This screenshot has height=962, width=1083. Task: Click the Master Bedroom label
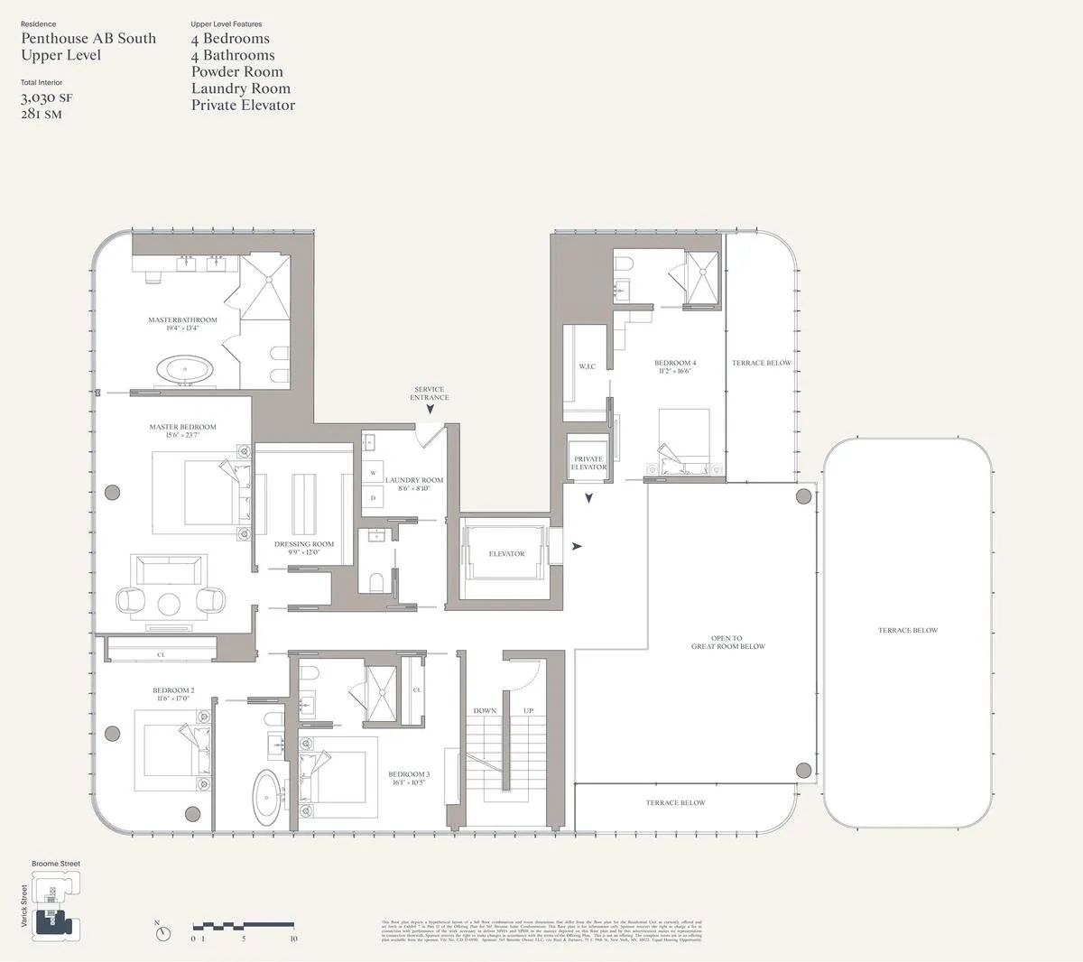tap(183, 430)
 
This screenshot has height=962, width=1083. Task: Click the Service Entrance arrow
tap(430, 409)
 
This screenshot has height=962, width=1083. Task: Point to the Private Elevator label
tap(588, 463)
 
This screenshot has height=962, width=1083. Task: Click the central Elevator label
tap(506, 553)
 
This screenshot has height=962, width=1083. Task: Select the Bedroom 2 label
tap(173, 694)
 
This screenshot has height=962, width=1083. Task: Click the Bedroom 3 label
tap(409, 778)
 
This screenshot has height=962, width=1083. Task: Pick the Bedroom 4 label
tap(675, 366)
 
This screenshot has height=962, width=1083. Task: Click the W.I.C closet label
tap(587, 366)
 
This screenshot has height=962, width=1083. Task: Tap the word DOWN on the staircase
tap(485, 710)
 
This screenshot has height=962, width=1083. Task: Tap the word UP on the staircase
tap(529, 710)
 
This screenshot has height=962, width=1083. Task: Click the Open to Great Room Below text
tap(727, 643)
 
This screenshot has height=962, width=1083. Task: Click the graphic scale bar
tap(244, 927)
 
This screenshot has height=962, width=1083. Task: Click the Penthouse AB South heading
tap(88, 38)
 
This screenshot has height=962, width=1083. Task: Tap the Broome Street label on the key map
tap(56, 864)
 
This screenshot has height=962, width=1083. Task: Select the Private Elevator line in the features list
tap(243, 105)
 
